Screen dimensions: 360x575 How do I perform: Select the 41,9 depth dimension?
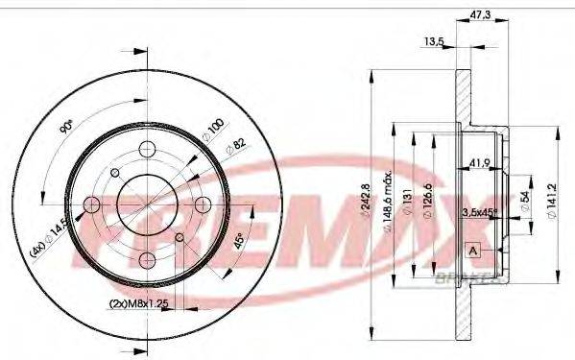click(x=481, y=163)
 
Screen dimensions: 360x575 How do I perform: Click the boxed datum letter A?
click(x=473, y=252)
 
